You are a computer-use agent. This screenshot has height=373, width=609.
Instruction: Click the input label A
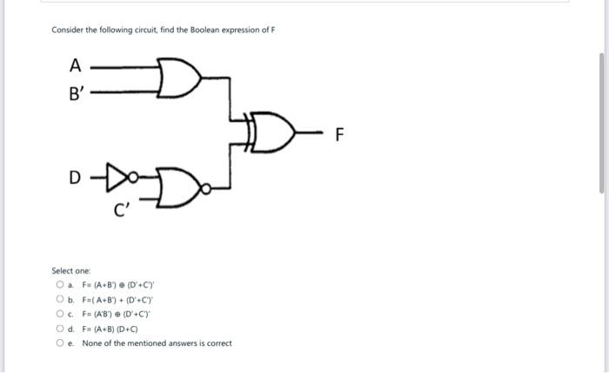(x=75, y=64)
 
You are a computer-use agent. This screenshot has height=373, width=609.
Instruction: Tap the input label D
(x=76, y=179)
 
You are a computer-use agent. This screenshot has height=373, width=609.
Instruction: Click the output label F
(x=340, y=135)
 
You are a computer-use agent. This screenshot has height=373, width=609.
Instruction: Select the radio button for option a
(x=59, y=284)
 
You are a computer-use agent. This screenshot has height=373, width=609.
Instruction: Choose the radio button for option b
(x=59, y=299)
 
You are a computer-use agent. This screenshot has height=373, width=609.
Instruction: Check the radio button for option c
(x=59, y=314)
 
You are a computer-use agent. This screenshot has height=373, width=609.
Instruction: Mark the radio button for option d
(x=59, y=329)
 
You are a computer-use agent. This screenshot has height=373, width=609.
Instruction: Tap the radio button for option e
(x=59, y=343)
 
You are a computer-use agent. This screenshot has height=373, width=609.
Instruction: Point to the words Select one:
(x=67, y=271)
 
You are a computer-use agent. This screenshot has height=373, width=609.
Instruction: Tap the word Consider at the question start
(x=66, y=30)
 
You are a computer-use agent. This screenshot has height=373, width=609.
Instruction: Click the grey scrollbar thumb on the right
(x=600, y=122)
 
